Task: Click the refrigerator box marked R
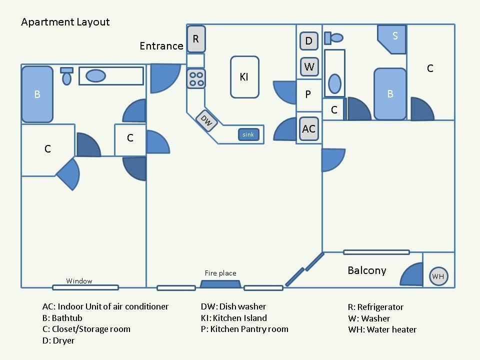pyautogui.click(x=196, y=39)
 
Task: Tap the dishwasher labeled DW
pyautogui.click(x=206, y=121)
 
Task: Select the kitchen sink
pyautogui.click(x=248, y=134)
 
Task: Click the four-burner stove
pyautogui.click(x=196, y=79)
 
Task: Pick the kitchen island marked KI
pyautogui.click(x=244, y=77)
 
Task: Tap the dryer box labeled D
pyautogui.click(x=309, y=40)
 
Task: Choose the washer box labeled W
pyautogui.click(x=309, y=66)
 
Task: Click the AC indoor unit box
pyautogui.click(x=308, y=129)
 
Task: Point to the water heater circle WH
pyautogui.click(x=438, y=276)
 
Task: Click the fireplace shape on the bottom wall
pyautogui.click(x=220, y=284)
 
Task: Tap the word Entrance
pyautogui.click(x=161, y=46)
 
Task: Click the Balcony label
pyautogui.click(x=366, y=270)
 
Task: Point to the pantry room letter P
pyautogui.click(x=308, y=94)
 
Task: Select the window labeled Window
pyautogui.click(x=85, y=287)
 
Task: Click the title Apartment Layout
pyautogui.click(x=65, y=22)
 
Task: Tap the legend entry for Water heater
pyautogui.click(x=382, y=329)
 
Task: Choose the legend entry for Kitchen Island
pyautogui.click(x=234, y=318)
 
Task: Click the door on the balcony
pyautogui.click(x=411, y=274)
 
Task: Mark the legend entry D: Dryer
pyautogui.click(x=58, y=340)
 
